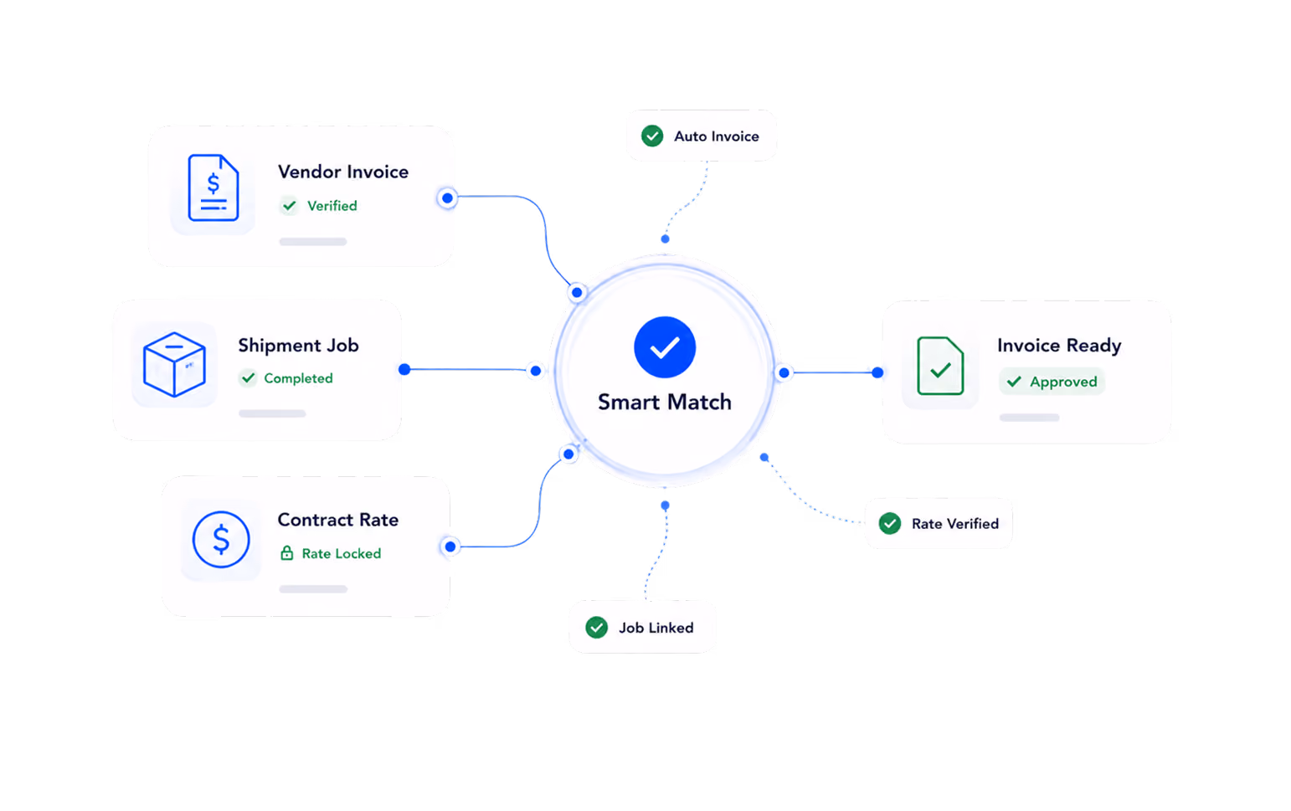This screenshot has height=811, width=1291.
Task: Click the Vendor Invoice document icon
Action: pyautogui.click(x=213, y=187)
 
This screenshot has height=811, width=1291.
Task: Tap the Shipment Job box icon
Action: pyautogui.click(x=174, y=365)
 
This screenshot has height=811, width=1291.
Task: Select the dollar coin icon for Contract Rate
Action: pyautogui.click(x=221, y=540)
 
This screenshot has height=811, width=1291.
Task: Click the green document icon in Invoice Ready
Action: pyautogui.click(x=940, y=366)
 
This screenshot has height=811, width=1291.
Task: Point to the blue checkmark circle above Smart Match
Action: pyautogui.click(x=665, y=347)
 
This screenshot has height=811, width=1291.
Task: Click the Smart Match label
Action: pyautogui.click(x=665, y=402)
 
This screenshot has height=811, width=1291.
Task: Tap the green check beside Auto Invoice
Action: pyautogui.click(x=652, y=136)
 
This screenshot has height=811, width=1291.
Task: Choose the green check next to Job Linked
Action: pyautogui.click(x=596, y=627)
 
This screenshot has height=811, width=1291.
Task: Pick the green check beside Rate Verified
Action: pyautogui.click(x=890, y=524)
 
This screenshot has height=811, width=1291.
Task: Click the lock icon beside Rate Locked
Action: pyautogui.click(x=286, y=553)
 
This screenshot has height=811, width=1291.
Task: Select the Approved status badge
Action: pyautogui.click(x=1052, y=382)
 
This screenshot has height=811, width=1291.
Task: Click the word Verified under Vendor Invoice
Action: pyautogui.click(x=332, y=206)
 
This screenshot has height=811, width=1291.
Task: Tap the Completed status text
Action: pyautogui.click(x=298, y=378)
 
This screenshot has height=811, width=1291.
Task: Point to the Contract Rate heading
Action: pyautogui.click(x=337, y=520)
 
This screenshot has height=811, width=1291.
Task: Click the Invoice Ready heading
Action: pyautogui.click(x=1059, y=345)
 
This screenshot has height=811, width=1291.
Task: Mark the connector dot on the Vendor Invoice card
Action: pyautogui.click(x=447, y=198)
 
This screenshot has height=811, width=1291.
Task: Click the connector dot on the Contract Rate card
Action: pyautogui.click(x=450, y=546)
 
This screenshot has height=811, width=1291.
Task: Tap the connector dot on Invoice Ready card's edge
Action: pyautogui.click(x=877, y=372)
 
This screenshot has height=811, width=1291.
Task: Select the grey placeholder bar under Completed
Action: pyautogui.click(x=272, y=413)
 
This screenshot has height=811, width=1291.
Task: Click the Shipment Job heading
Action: pyautogui.click(x=299, y=345)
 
